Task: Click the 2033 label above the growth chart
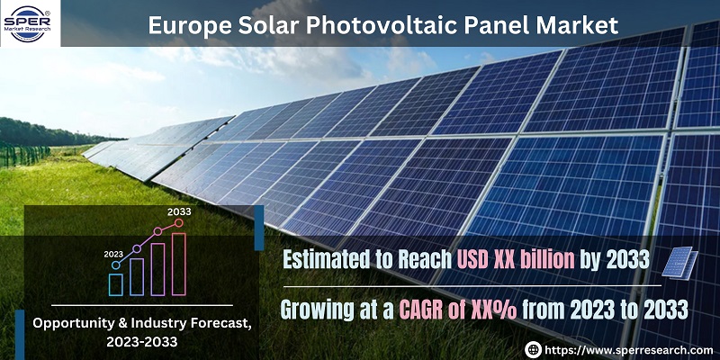[x=179, y=211]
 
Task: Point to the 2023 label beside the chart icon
[x=113, y=254]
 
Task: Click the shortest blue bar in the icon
[x=116, y=284]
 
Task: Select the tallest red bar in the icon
[x=178, y=264]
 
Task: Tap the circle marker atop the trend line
[x=178, y=222]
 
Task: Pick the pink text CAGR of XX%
[x=457, y=310]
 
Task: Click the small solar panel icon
[x=679, y=263]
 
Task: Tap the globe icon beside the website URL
[x=533, y=349]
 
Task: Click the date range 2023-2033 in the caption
[x=142, y=342]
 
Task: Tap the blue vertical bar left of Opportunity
[x=20, y=335]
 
